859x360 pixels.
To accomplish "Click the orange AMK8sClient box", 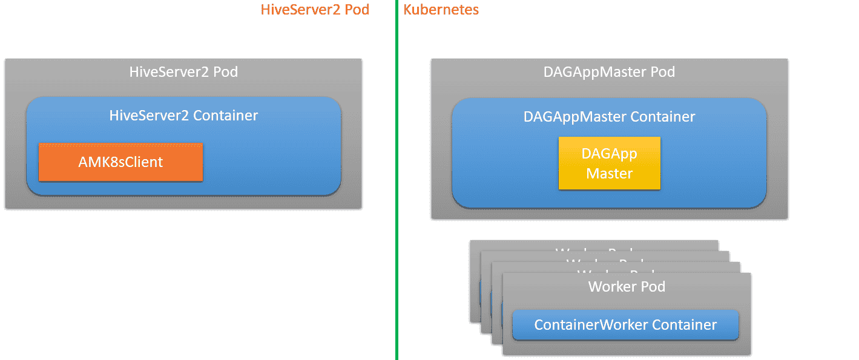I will [120, 162].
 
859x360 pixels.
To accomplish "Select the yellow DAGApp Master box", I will [609, 163].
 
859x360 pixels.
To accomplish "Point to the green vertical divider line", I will [397, 182].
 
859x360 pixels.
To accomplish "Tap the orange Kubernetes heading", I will [441, 10].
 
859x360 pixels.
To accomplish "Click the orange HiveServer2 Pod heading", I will [315, 10].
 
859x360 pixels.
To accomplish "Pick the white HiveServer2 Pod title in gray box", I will [183, 72].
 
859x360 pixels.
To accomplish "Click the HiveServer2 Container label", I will [183, 115].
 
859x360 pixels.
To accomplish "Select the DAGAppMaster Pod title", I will [609, 72].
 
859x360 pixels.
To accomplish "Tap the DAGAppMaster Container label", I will [609, 116].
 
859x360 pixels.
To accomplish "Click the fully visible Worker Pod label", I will [627, 286].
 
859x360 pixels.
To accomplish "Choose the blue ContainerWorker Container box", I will [625, 325].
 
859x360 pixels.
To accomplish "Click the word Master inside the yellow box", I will [609, 174].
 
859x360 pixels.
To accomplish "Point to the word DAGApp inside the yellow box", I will [609, 153].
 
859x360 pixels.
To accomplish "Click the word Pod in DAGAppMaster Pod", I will [662, 72].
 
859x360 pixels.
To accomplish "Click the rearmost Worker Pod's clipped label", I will [593, 249].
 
